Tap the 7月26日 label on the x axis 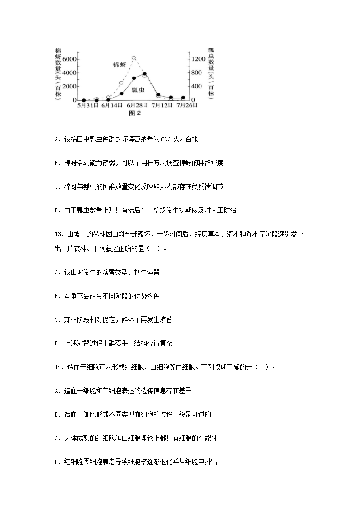coord(186,106)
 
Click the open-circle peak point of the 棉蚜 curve coord(134,58)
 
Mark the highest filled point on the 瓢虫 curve coord(144,73)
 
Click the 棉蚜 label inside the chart coord(119,65)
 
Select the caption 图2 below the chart coord(135,113)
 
